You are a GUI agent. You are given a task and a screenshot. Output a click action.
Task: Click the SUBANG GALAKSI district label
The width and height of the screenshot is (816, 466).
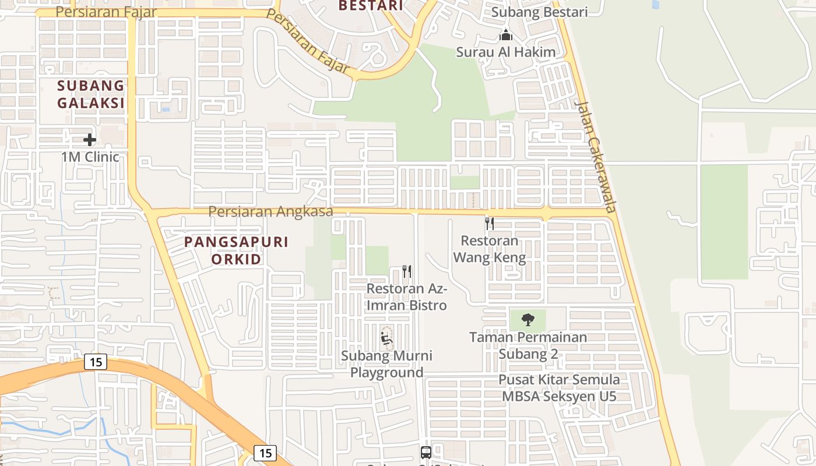coord(91,94)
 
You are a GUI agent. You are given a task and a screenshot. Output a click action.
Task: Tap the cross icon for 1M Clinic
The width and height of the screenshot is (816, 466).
coord(89,140)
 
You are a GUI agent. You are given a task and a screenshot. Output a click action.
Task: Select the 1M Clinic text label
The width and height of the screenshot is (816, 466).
coord(90,157)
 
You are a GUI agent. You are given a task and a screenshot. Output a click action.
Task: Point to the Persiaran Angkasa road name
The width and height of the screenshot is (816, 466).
coord(270,211)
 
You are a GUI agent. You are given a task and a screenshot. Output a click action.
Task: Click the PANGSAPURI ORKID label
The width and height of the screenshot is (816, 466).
coord(236,250)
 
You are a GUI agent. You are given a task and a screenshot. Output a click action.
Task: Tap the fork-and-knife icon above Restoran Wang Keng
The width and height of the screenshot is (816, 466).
coord(490,224)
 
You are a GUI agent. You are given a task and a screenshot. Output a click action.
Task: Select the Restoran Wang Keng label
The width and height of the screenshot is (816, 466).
coord(490,249)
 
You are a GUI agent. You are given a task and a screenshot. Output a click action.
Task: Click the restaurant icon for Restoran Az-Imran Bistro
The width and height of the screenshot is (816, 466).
coord(407,271)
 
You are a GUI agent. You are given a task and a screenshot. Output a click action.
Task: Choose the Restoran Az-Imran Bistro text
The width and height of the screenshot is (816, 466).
coord(407,296)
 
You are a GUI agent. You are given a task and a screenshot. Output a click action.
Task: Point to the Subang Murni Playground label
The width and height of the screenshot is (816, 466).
coord(386,364)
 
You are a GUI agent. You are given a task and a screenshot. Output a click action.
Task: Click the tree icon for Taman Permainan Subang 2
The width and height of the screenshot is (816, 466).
coord(528,319)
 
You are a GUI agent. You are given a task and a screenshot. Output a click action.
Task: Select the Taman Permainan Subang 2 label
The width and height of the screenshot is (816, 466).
coord(528,345)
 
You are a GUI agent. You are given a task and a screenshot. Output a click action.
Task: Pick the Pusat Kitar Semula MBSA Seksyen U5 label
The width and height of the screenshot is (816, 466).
coord(559,388)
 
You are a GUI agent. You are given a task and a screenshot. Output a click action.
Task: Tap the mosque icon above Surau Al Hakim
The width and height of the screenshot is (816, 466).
coord(505,36)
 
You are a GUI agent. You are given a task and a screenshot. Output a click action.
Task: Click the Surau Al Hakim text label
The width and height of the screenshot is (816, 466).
coord(505,52)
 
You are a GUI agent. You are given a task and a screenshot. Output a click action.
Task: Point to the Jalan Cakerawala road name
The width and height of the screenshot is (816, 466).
coord(595,156)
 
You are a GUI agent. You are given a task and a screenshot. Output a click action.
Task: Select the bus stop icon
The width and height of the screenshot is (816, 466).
coord(426,452)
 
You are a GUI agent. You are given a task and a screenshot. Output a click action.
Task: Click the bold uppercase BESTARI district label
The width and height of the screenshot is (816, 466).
coord(371,6)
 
